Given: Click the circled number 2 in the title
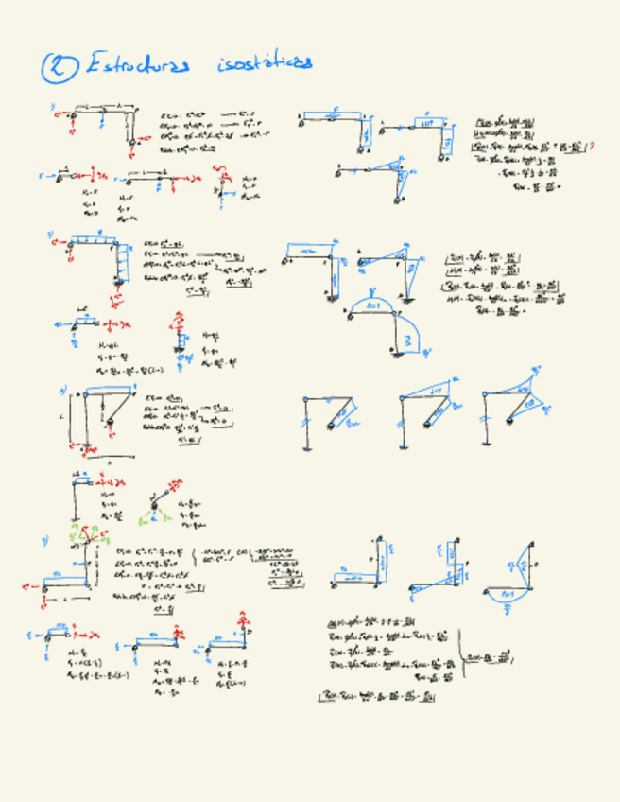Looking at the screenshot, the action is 60,67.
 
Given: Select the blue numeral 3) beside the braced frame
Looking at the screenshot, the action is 62,389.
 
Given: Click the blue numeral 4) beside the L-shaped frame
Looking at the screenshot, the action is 44,540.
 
